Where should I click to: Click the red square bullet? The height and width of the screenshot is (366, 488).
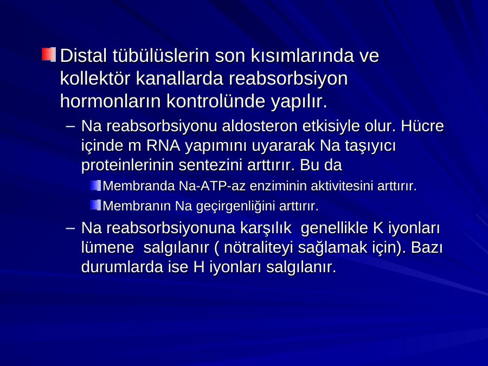pos(49,54)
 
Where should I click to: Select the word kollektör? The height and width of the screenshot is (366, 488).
pos(95,78)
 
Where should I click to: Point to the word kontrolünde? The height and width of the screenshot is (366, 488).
pos(215,101)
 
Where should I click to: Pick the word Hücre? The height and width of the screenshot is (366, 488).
pos(422,126)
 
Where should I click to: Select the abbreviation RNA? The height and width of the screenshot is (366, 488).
pos(163,146)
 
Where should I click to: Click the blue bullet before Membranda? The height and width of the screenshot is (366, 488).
pos(95,185)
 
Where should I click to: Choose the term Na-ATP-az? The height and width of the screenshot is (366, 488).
pos(212,186)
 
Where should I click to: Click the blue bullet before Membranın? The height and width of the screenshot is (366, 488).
pos(95,205)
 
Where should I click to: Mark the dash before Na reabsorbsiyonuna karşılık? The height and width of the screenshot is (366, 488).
pos(70,228)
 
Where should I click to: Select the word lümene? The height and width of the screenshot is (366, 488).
pos(107,248)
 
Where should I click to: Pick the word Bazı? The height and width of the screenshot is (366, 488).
pos(427,247)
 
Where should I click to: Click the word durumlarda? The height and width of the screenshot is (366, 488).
pos(122,267)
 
